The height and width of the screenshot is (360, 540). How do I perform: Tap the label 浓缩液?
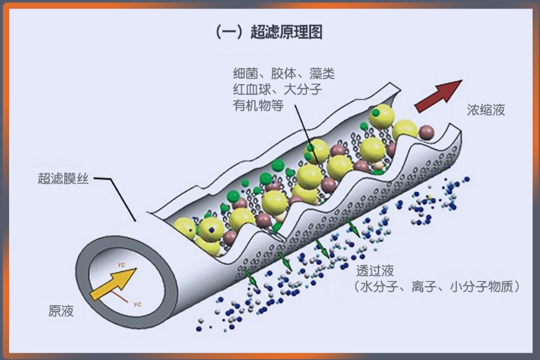click(x=486, y=110)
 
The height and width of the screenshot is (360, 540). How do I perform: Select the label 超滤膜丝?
click(x=63, y=180)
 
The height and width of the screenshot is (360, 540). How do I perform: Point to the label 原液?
click(x=61, y=311)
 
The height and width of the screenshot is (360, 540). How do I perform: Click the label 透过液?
click(x=375, y=271)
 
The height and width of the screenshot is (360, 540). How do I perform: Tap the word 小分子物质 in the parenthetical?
click(x=480, y=287)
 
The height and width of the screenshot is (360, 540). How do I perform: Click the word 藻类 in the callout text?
click(x=322, y=74)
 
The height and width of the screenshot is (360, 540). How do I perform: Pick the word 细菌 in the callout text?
click(x=245, y=74)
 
